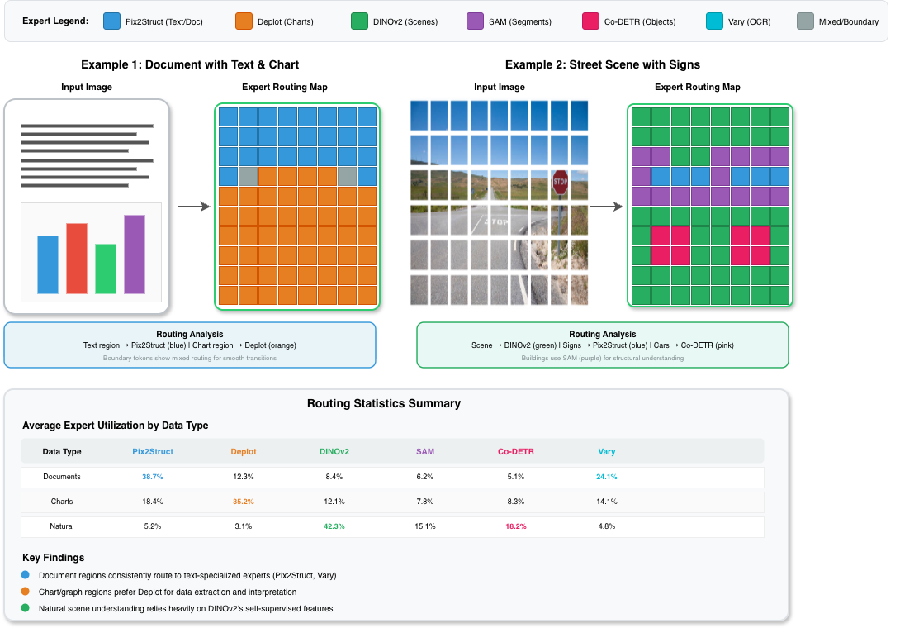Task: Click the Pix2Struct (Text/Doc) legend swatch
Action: tap(112, 21)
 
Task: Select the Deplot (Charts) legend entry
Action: tap(274, 21)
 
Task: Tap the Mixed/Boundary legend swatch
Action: tap(807, 21)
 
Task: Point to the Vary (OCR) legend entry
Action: tap(739, 21)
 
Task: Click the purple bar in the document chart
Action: tap(135, 255)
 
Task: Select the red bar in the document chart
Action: tap(77, 259)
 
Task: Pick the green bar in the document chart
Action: tap(106, 269)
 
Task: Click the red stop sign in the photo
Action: tap(561, 183)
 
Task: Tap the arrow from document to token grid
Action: tap(194, 207)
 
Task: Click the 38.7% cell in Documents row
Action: tap(152, 478)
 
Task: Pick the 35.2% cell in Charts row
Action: tap(243, 502)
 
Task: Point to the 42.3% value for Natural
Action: tap(334, 526)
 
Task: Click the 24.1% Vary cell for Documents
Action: tap(606, 478)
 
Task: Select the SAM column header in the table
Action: tap(424, 452)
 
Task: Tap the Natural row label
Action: tap(62, 526)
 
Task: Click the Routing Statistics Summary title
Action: tap(383, 404)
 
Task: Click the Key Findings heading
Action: tap(54, 558)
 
